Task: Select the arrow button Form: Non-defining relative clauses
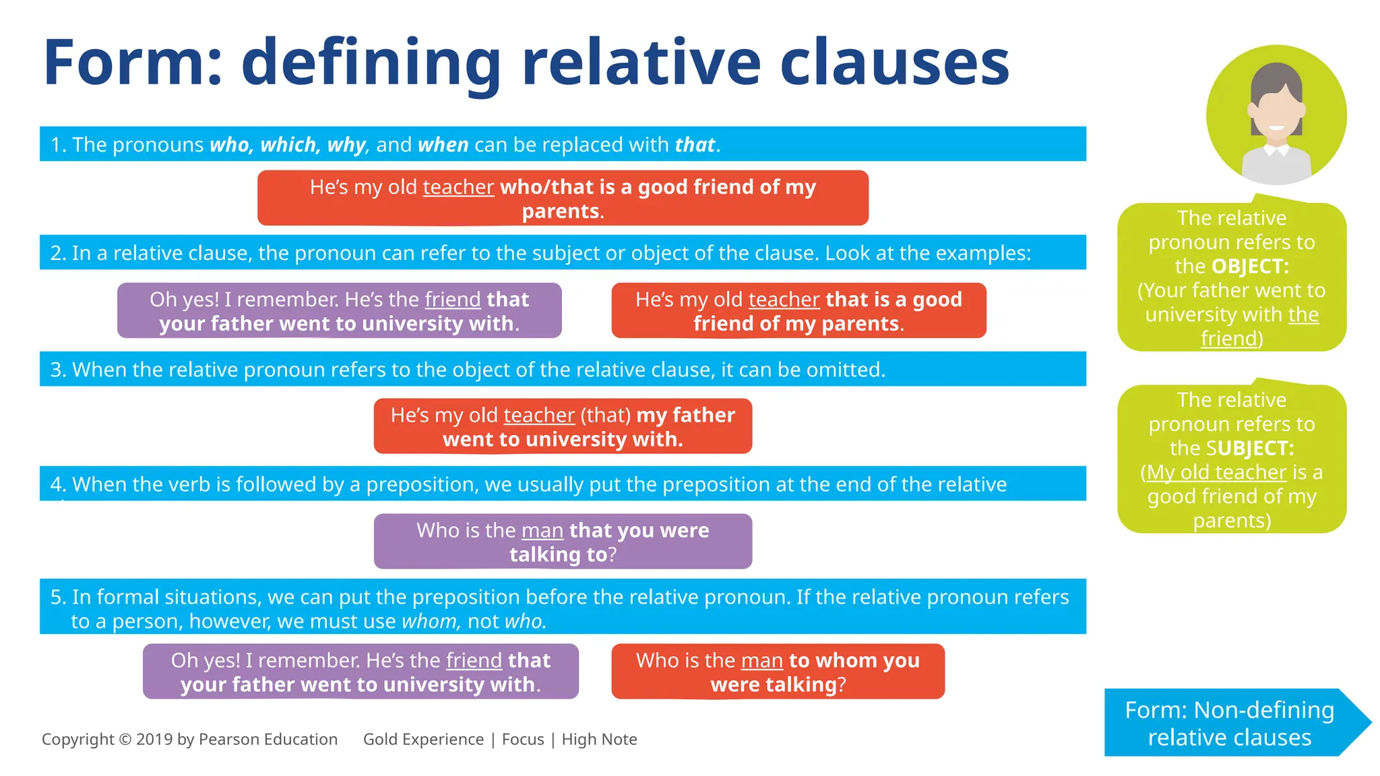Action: click(1230, 723)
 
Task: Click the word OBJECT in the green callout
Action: click(1249, 267)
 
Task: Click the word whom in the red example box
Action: click(843, 661)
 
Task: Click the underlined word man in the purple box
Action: click(542, 531)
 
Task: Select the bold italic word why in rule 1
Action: click(346, 145)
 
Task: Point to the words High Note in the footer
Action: click(599, 740)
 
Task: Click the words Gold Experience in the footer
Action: click(423, 740)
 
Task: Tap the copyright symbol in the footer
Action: click(125, 740)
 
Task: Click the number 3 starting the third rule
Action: click(56, 370)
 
